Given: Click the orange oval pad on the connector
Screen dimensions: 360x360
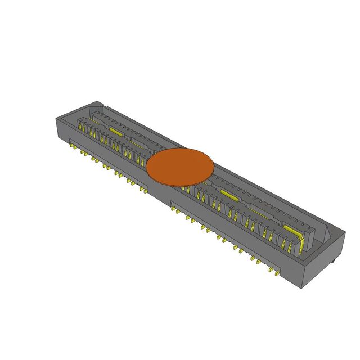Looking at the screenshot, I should (180, 166).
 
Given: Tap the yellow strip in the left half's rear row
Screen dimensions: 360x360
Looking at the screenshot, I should (116, 130).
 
